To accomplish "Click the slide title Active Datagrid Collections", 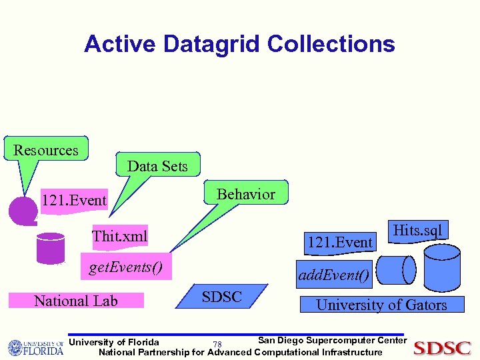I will (x=239, y=44).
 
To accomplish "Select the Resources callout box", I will (x=46, y=150).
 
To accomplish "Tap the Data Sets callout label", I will (x=157, y=165).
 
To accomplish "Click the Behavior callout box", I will (x=245, y=193).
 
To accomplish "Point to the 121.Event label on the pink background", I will (x=73, y=200).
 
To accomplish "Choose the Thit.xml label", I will (x=119, y=235).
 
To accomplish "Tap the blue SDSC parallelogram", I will (x=222, y=297).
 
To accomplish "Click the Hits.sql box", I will (x=417, y=231).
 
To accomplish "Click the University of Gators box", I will (x=381, y=305).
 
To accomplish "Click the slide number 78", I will (x=217, y=344).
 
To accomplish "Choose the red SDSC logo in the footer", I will (x=442, y=347).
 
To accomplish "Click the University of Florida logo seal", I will (x=16, y=348).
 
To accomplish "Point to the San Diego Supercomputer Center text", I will (x=331, y=340).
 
